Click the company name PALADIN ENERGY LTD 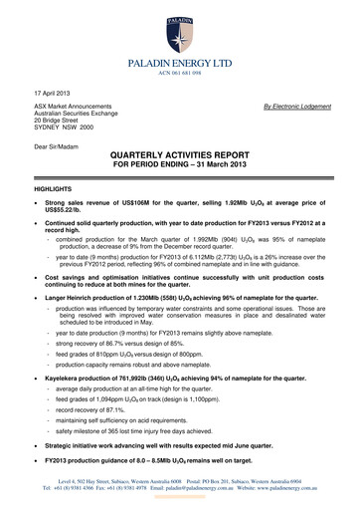pos(180,65)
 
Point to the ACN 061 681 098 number pos(180,77)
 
